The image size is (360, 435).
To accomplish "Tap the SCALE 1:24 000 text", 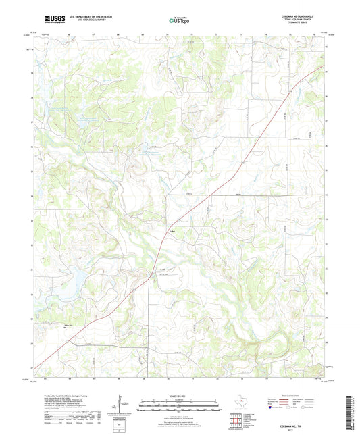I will tap(180, 396).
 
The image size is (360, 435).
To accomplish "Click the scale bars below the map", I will tap(180, 407).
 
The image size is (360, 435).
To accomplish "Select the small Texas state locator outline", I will tap(240, 403).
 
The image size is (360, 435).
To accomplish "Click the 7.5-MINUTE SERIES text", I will tap(309, 26).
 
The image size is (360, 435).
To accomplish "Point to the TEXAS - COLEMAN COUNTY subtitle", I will tap(307, 21).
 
